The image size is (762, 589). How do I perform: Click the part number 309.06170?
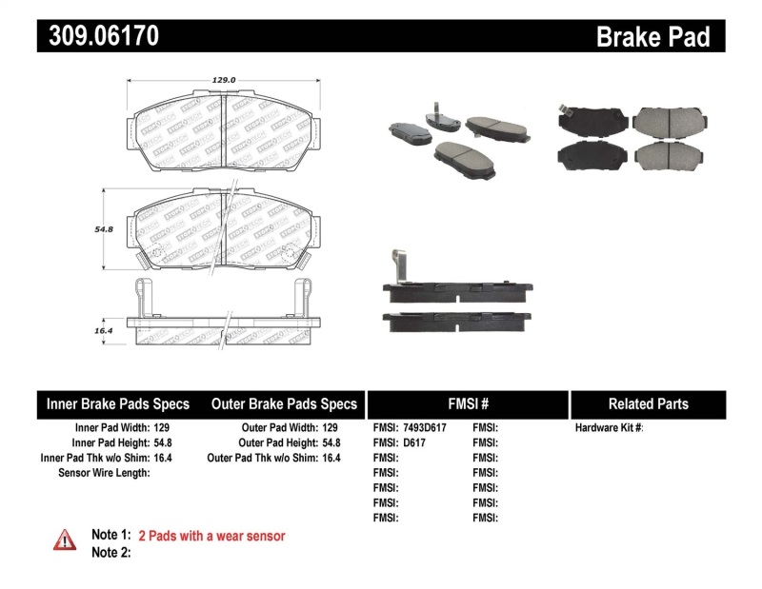98,36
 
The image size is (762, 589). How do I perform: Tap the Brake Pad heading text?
652,37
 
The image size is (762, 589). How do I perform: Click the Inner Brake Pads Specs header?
118,404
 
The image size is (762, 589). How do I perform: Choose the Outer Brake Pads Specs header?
283,404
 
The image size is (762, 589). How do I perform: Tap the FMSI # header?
468,404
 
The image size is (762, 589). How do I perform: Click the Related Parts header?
648,404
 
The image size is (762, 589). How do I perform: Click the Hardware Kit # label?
609,428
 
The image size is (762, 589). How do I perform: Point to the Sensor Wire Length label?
104,473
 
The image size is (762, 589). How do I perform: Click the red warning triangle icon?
65,540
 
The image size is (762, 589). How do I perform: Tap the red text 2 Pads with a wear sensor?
211,537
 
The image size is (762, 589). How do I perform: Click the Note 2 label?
110,553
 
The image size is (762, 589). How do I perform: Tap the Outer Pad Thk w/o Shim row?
273,458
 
